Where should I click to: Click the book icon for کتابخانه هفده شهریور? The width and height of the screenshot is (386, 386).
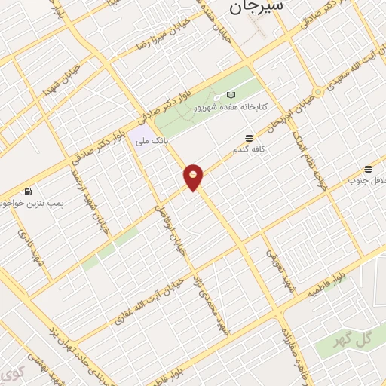click(231, 96)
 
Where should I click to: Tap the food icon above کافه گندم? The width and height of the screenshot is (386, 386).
click(248, 137)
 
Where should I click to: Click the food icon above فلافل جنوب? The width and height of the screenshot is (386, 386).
click(368, 169)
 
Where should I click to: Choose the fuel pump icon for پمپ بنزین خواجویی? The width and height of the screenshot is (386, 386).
click(28, 191)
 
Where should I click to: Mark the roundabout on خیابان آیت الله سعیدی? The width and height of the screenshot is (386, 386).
click(318, 92)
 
